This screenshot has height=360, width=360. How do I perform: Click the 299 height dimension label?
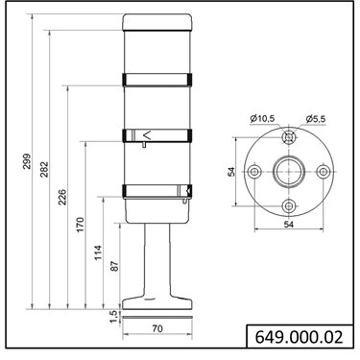(x=27, y=161)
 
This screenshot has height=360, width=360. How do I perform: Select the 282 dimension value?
(x=44, y=169)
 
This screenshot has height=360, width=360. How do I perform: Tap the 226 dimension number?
(x=62, y=197)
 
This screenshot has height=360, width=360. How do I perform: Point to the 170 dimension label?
(x=80, y=225)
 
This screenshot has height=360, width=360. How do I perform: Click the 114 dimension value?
(x=98, y=252)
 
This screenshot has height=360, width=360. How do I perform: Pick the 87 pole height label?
(x=115, y=266)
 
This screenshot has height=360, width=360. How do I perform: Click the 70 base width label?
(x=157, y=328)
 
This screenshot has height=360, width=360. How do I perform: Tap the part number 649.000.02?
(x=299, y=337)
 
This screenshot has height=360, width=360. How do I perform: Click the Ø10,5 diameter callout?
(x=262, y=119)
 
